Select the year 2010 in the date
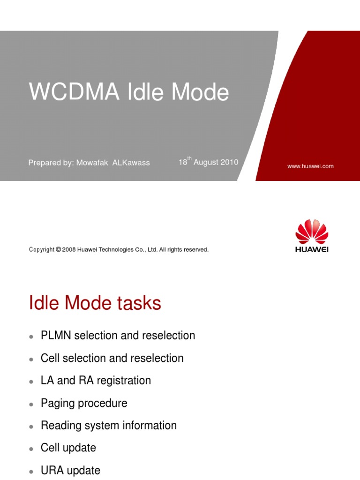click(228, 162)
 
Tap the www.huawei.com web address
click(310, 166)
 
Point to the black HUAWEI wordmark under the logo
click(312, 249)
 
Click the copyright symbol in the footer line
click(58, 250)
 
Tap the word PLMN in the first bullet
click(54, 336)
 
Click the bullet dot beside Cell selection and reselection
click(31, 359)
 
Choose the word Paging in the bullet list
click(56, 403)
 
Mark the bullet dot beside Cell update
click(31, 449)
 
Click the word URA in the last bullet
click(52, 470)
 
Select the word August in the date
click(206, 162)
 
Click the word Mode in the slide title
click(200, 92)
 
